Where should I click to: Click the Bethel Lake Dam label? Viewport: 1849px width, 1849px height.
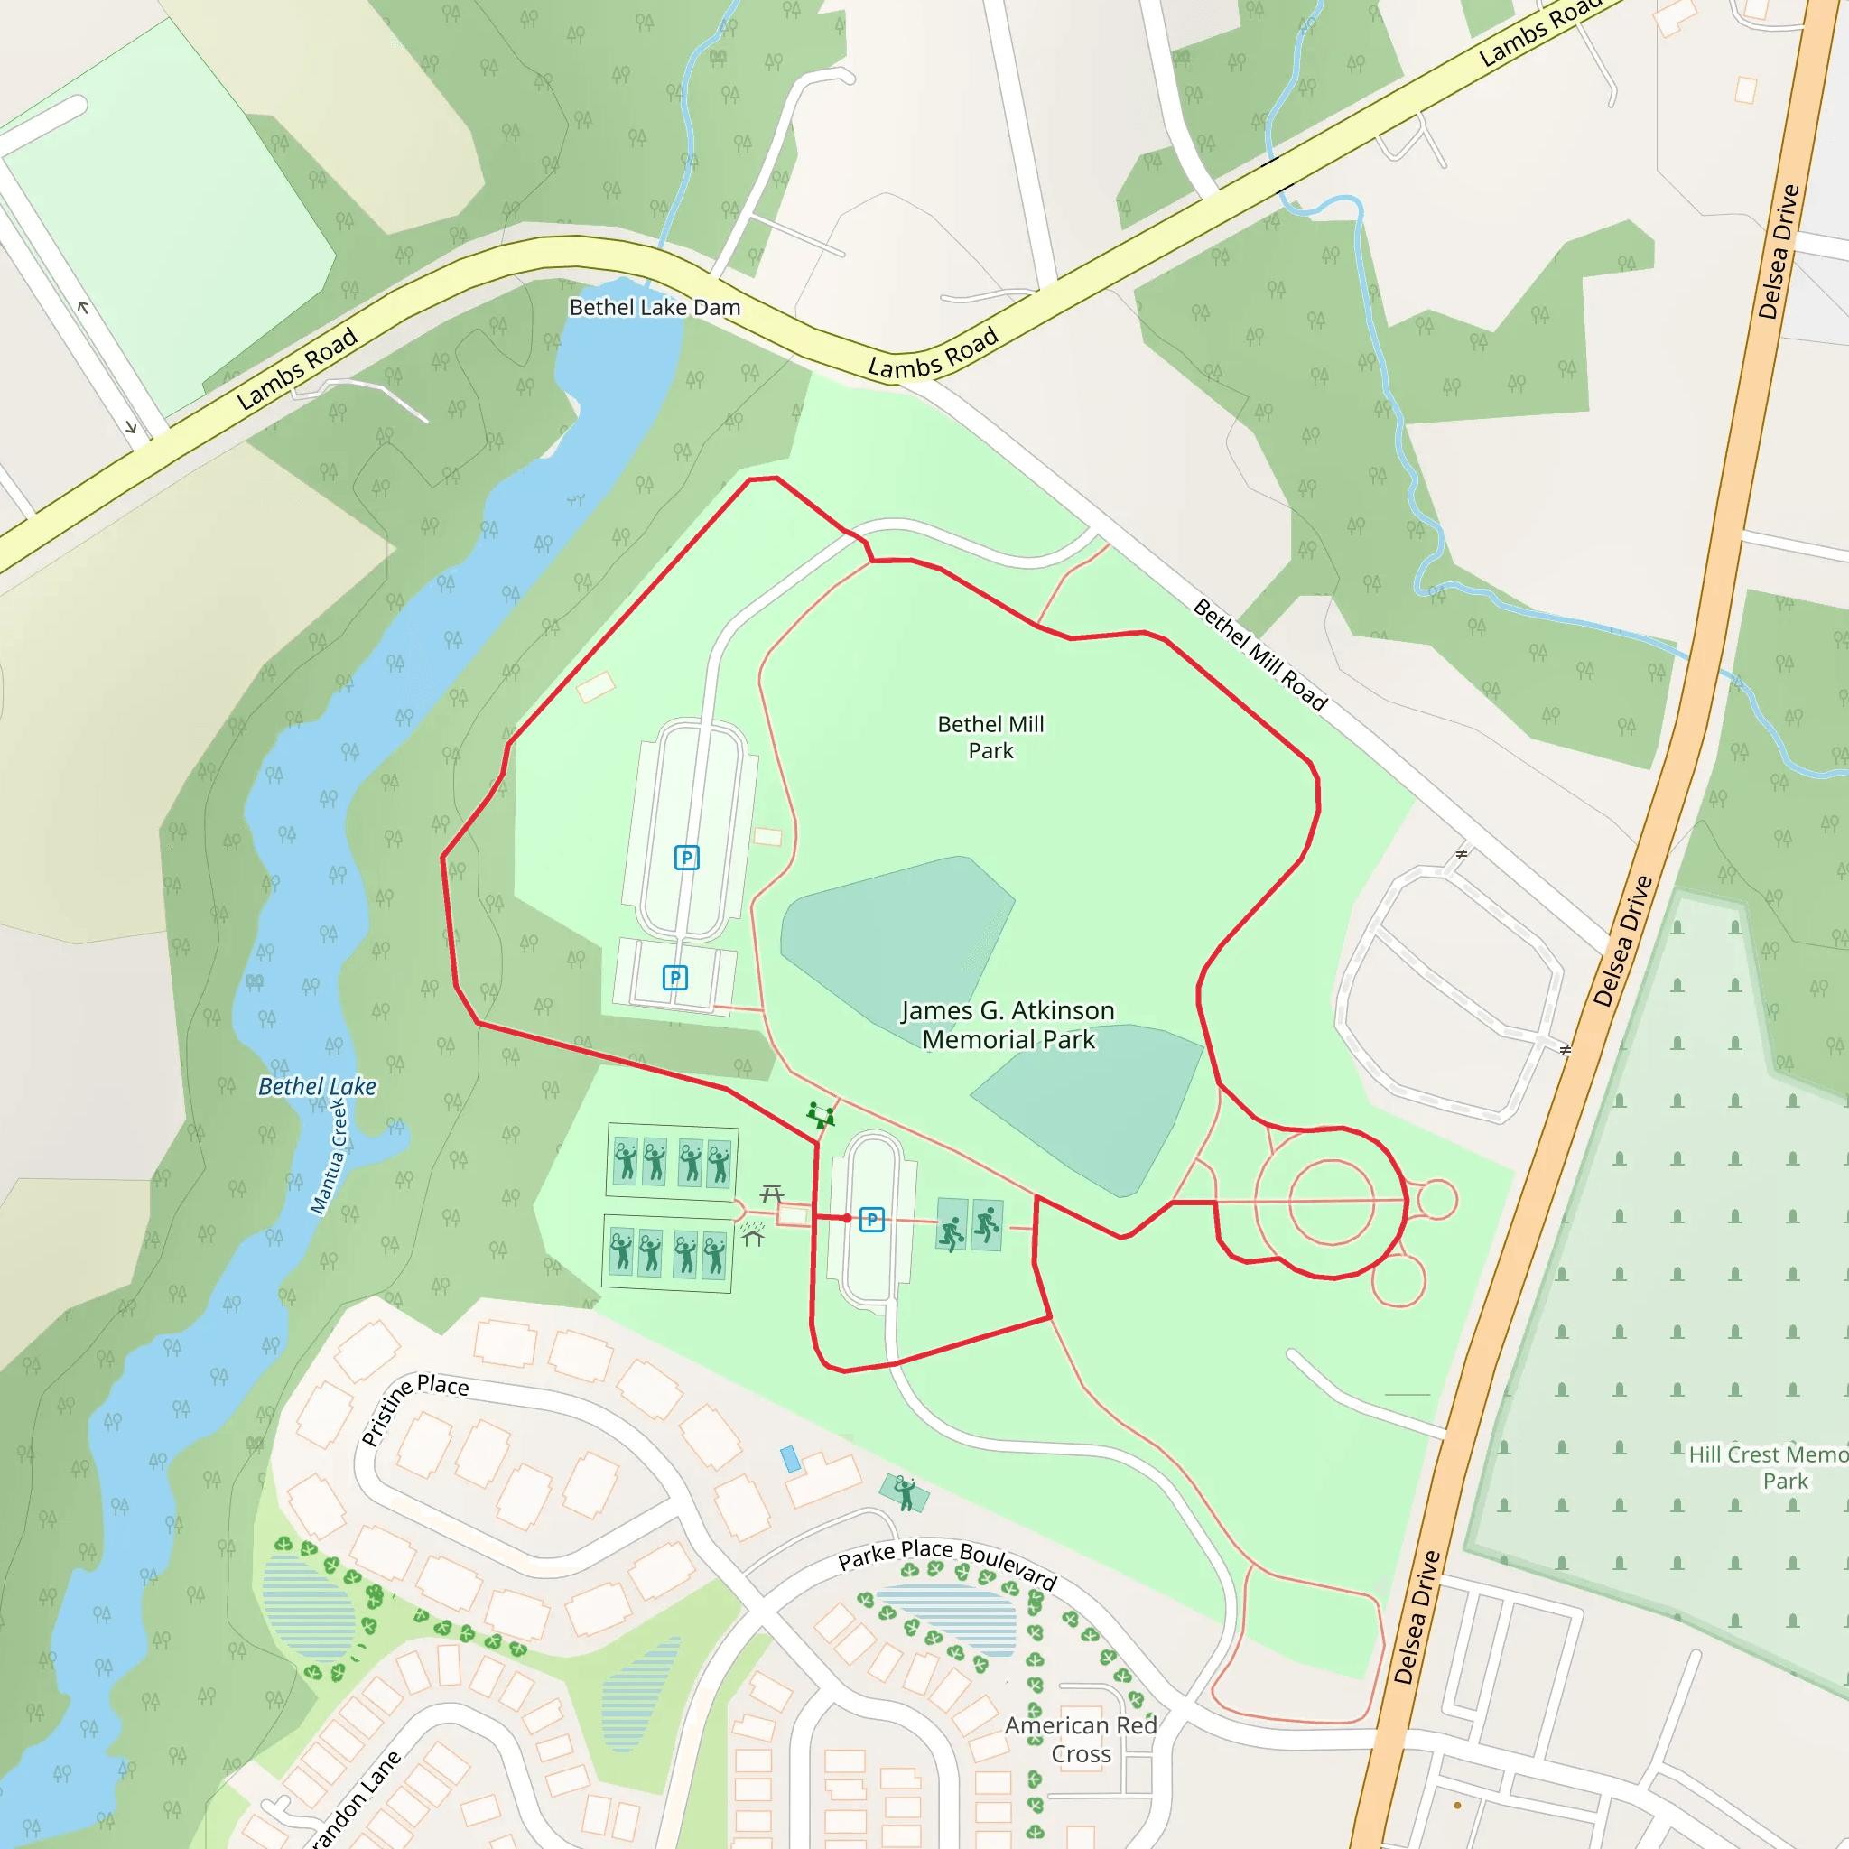pyautogui.click(x=655, y=307)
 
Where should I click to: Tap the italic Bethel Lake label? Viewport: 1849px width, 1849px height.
pyautogui.click(x=317, y=1086)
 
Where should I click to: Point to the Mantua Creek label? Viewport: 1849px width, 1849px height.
pyautogui.click(x=329, y=1157)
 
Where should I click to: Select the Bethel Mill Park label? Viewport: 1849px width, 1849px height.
pyautogui.click(x=990, y=737)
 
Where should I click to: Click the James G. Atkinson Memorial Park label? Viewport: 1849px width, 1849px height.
pyautogui.click(x=1008, y=1024)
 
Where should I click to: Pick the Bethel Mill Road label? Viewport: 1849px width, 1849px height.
pyautogui.click(x=1260, y=655)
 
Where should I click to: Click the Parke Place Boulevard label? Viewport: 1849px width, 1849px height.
pyautogui.click(x=946, y=1564)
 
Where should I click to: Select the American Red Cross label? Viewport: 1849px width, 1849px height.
pyautogui.click(x=1081, y=1739)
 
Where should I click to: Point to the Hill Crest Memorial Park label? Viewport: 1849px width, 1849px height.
pyautogui.click(x=1767, y=1467)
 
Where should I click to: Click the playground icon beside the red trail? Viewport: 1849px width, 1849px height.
pyautogui.click(x=820, y=1115)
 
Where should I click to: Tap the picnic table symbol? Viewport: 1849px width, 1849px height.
pyautogui.click(x=772, y=1193)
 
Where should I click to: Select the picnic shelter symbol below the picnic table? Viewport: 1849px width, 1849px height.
pyautogui.click(x=753, y=1233)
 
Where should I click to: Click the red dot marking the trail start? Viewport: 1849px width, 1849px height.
pyautogui.click(x=847, y=1218)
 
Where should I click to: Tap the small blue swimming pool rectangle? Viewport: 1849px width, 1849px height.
pyautogui.click(x=791, y=1460)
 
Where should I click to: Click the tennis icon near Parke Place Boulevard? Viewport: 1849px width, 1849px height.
pyautogui.click(x=905, y=1491)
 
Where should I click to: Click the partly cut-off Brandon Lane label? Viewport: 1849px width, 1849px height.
pyautogui.click(x=354, y=1799)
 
